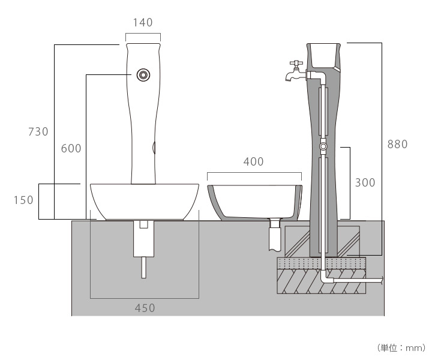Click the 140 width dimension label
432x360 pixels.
pos(143,23)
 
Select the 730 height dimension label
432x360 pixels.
pos(38,132)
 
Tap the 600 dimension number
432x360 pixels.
pos(71,148)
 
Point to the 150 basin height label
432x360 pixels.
pos(23,200)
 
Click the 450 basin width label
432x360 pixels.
pos(144,308)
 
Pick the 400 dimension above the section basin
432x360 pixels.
pos(253,162)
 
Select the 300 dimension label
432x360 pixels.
pos(365,182)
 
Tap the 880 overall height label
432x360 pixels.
pos(397,144)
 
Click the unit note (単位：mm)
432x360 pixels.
pos(401,347)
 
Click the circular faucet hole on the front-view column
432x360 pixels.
pos(143,74)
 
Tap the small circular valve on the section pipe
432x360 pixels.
pos(323,146)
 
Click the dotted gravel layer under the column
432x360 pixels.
pos(321,264)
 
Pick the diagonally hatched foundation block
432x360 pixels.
pos(300,282)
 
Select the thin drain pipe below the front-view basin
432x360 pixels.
pos(143,267)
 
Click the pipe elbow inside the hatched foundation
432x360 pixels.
pos(325,278)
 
